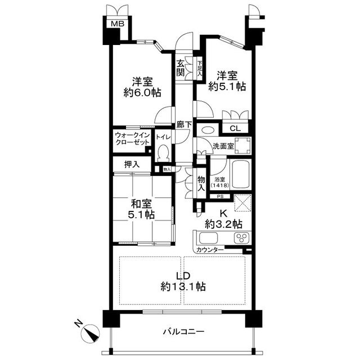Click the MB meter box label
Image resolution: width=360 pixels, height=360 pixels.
117,24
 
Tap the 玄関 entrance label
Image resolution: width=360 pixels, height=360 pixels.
181,68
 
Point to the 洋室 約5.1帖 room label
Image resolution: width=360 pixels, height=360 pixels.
227,80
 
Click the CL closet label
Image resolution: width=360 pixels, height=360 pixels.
235,128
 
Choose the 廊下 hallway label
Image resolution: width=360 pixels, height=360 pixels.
183,125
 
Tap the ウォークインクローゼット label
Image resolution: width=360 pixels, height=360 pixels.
132,139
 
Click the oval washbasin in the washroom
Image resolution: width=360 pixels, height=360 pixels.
206,129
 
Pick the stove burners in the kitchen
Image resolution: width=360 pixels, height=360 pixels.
241,237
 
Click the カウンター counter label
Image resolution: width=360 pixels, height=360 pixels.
210,249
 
